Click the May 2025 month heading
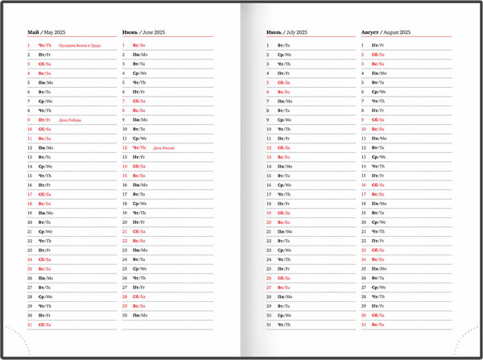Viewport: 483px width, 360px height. coord(46,32)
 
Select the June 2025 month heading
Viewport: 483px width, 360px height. coord(142,32)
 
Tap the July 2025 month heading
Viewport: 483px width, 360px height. coord(287,32)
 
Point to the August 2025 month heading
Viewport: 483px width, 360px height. coord(386,32)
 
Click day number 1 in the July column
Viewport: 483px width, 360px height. coord(269,46)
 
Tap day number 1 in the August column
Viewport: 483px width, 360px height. coord(364,46)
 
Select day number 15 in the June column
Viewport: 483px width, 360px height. coord(125,176)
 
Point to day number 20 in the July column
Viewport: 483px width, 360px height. coord(269,222)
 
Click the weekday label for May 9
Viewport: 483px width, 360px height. coord(44,120)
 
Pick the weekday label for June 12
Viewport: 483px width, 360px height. coord(139,148)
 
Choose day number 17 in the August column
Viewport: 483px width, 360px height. coord(364,194)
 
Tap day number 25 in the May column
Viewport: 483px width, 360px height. coord(30,269)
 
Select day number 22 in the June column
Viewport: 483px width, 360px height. coord(125,241)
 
